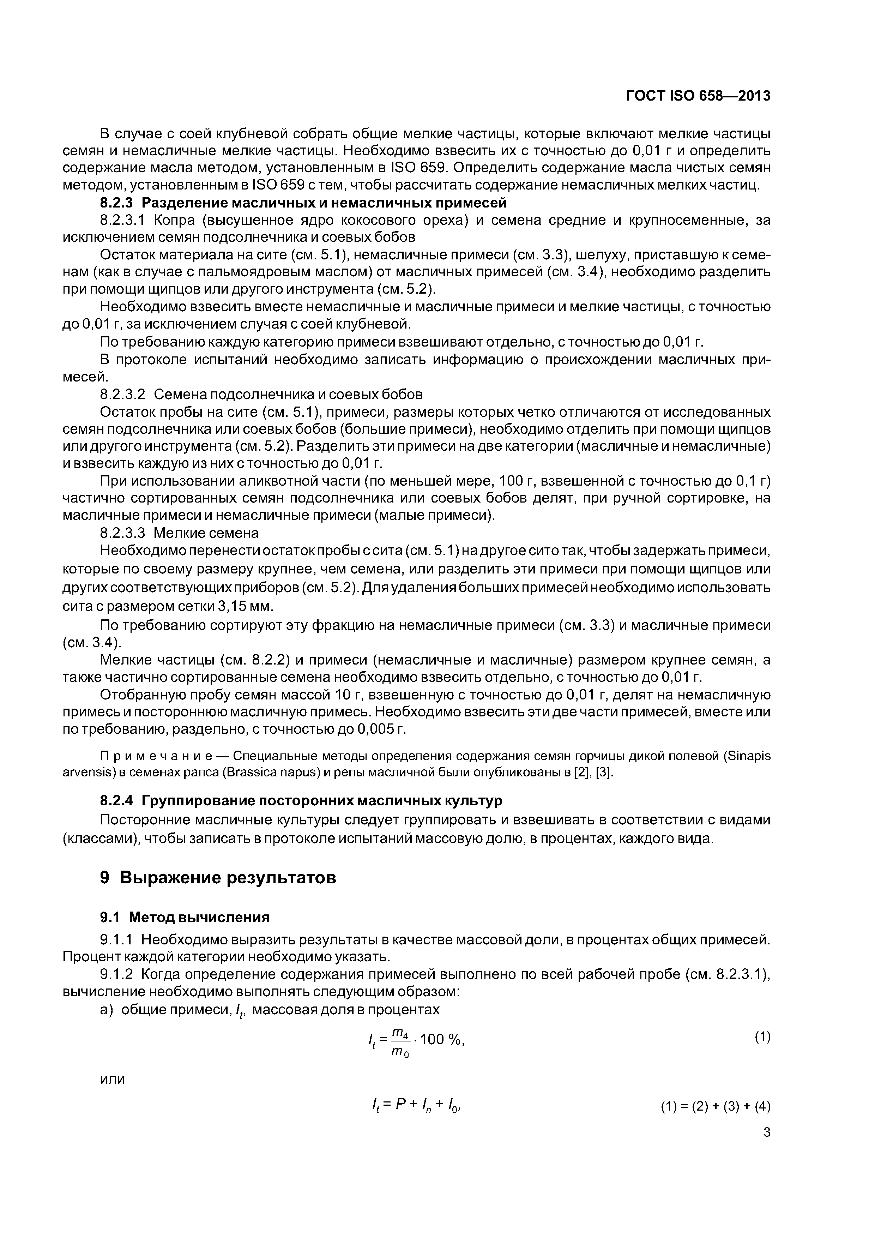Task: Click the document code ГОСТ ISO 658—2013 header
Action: [698, 96]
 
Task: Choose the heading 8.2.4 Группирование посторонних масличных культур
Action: [301, 801]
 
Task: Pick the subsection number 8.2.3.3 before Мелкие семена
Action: [123, 533]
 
